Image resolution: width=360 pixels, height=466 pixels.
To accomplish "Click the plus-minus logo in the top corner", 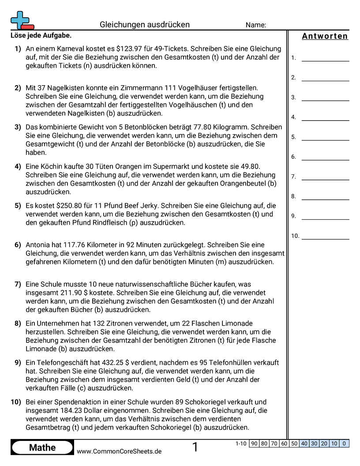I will coord(21,20).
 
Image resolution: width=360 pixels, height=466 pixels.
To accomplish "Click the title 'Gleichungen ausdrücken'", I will coord(145,25).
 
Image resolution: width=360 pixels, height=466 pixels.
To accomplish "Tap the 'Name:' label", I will coord(256,25).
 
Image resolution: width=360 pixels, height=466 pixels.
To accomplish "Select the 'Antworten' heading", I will coord(325,36).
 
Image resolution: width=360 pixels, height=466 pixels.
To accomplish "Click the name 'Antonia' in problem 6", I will coord(39,245).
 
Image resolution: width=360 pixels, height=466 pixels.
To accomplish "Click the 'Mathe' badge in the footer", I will coord(42,447).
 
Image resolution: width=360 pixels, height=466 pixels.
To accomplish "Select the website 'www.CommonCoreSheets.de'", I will coord(119,451).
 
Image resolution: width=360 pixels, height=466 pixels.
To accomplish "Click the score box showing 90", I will coord(254,443).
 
